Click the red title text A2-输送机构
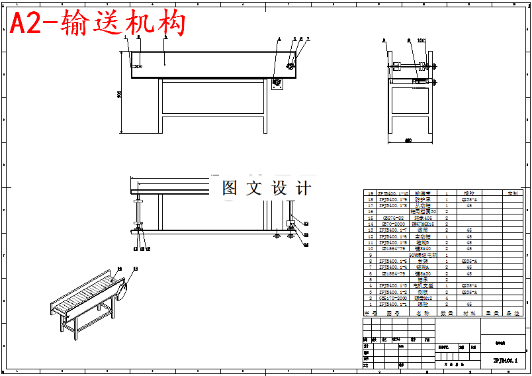pyautogui.click(x=97, y=24)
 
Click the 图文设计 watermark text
pyautogui.click(x=266, y=188)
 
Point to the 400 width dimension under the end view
pyautogui.click(x=408, y=140)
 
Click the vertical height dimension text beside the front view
pyautogui.click(x=119, y=94)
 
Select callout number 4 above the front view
pyautogui.click(x=279, y=40)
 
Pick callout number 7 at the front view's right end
pyautogui.click(x=308, y=40)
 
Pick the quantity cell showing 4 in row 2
pyautogui.click(x=447, y=299)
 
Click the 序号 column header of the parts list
pyautogui.click(x=369, y=312)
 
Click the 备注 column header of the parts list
pyautogui.click(x=511, y=312)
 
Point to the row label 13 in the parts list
pyautogui.click(x=369, y=230)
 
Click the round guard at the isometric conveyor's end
pyautogui.click(x=122, y=289)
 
